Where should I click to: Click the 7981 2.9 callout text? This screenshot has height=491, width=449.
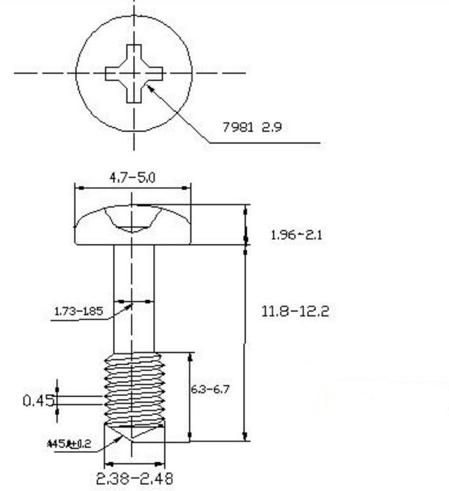click(252, 127)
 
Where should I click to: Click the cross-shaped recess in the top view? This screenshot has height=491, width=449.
click(134, 74)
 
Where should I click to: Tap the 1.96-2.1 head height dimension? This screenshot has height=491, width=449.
click(296, 235)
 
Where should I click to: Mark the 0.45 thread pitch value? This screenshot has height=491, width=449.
click(38, 400)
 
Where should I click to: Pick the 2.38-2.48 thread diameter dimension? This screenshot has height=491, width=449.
click(135, 479)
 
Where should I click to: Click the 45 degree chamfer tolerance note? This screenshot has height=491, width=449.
click(70, 444)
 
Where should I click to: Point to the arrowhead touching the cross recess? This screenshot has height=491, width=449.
click(149, 88)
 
